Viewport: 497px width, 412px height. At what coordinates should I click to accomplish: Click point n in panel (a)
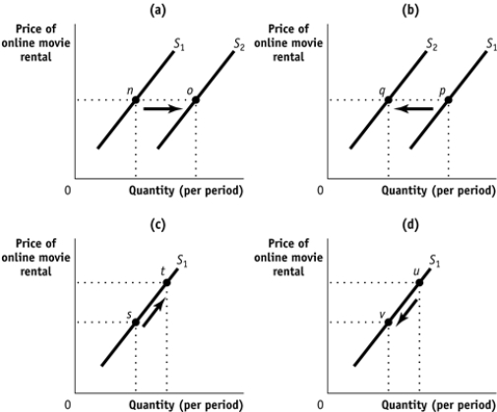(x=135, y=99)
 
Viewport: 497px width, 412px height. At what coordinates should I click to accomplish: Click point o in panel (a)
(x=196, y=99)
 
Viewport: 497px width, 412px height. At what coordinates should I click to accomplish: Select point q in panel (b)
(x=388, y=99)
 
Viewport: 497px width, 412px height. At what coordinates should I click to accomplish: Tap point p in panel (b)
(x=448, y=99)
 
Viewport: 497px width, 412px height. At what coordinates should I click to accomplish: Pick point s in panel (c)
(x=135, y=322)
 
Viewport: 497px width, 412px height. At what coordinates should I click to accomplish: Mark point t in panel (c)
(x=166, y=282)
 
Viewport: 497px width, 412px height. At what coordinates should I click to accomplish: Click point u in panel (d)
(x=419, y=282)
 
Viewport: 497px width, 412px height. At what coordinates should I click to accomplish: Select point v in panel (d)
(x=388, y=322)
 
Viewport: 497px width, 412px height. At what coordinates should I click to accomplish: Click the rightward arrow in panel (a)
(x=163, y=108)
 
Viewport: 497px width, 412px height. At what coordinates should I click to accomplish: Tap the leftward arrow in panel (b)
(x=418, y=108)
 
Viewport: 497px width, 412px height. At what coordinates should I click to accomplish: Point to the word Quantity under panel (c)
(x=153, y=404)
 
